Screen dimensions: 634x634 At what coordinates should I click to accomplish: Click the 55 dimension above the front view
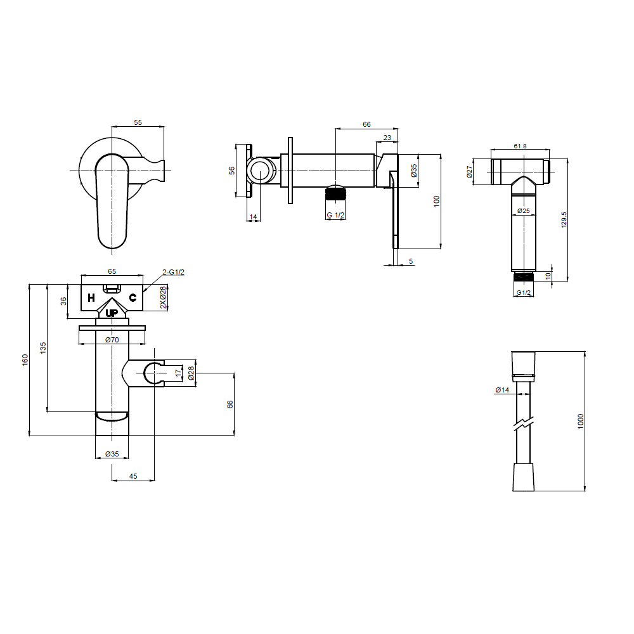tap(138, 122)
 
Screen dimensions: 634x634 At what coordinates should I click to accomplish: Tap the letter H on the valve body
tap(91, 298)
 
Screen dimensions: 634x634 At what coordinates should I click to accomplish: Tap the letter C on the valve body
tap(133, 298)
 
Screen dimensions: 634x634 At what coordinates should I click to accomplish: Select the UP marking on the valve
tap(112, 313)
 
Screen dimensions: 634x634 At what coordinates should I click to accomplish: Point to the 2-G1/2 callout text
tap(174, 272)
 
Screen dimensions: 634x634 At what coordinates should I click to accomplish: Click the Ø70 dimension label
tap(112, 340)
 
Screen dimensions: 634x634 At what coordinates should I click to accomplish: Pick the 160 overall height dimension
tap(25, 360)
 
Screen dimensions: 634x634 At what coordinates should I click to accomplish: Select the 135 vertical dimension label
tap(43, 347)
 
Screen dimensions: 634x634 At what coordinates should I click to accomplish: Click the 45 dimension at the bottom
tap(133, 476)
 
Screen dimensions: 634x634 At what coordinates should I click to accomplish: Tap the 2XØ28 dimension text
tap(163, 297)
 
